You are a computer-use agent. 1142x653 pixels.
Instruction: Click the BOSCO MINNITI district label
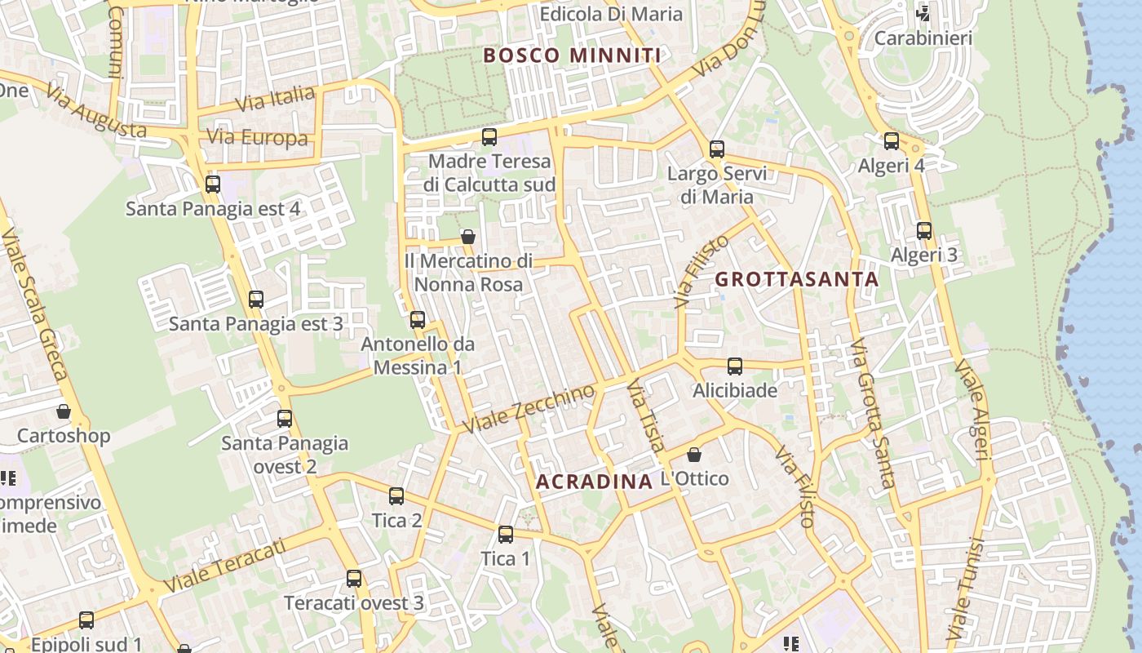(x=572, y=56)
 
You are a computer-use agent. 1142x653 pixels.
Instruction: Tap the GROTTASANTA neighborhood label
(x=797, y=279)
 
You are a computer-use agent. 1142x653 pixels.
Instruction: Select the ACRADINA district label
(x=594, y=482)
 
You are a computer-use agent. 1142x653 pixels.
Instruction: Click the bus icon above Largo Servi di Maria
(x=717, y=149)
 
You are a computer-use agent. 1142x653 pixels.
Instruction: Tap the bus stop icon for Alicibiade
(x=735, y=366)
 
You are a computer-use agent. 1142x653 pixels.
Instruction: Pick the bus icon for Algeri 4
(x=892, y=140)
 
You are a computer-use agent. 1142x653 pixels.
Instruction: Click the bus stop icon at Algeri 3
(x=924, y=230)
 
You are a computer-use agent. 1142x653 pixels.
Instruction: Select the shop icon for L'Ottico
(x=694, y=454)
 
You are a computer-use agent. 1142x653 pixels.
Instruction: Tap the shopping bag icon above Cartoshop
(x=64, y=411)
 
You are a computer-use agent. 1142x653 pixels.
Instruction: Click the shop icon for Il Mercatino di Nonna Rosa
(x=468, y=237)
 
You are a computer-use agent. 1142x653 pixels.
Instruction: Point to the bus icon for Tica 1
(x=506, y=535)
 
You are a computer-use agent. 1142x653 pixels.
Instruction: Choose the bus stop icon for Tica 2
(x=396, y=495)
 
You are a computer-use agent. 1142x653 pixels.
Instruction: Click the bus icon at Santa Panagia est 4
(x=213, y=184)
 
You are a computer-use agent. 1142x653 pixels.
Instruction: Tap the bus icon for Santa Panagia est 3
(x=256, y=299)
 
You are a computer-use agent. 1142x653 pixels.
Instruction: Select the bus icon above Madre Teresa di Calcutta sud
(x=489, y=136)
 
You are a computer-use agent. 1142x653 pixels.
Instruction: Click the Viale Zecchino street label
(x=529, y=409)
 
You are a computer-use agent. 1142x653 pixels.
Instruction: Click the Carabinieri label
(x=923, y=38)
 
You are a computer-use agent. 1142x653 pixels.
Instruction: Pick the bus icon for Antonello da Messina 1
(x=418, y=319)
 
